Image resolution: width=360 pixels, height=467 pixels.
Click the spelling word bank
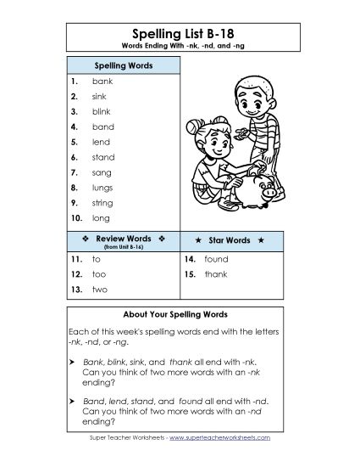click(102, 82)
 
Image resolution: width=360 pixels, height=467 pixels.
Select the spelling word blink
click(102, 112)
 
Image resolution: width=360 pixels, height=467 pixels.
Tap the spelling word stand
click(104, 157)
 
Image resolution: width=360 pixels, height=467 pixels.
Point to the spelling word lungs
click(103, 188)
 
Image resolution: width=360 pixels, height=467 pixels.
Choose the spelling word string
click(104, 203)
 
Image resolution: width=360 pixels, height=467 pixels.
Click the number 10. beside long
click(77, 218)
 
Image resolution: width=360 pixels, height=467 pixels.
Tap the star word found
click(217, 258)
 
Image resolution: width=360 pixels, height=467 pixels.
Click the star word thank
click(217, 274)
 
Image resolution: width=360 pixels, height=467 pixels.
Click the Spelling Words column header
click(120, 65)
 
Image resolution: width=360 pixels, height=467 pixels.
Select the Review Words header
click(122, 239)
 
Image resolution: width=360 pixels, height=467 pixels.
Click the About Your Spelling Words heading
click(180, 312)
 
